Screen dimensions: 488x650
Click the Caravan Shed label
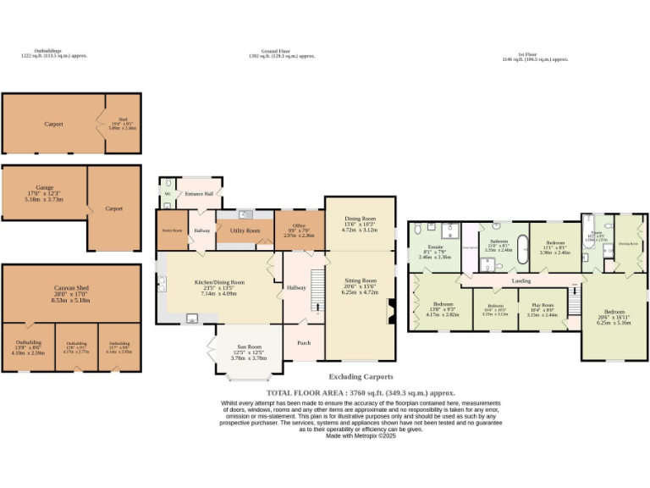[x=72, y=288]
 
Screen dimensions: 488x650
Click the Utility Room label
[x=245, y=230]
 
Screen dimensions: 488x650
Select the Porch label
[x=303, y=343]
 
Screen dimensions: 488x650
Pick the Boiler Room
[x=173, y=230]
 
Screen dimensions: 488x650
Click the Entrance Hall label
[x=199, y=194]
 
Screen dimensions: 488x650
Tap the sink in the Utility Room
[x=244, y=214]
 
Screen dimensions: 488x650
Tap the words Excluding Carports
[x=361, y=376]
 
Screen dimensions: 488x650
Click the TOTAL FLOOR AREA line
[x=361, y=393]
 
